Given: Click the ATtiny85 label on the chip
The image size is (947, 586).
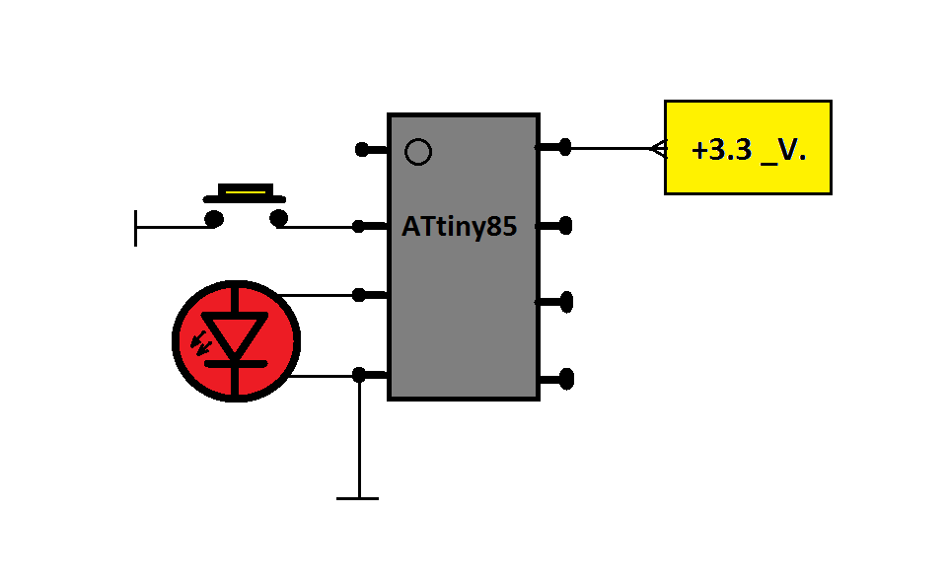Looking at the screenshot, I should click(x=459, y=227).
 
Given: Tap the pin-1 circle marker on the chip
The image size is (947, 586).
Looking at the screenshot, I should click(x=418, y=152).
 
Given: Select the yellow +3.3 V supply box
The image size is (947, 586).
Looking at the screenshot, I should click(x=748, y=147).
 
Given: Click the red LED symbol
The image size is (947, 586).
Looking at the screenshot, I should click(x=236, y=341).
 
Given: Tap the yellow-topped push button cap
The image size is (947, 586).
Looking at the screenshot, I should click(x=246, y=189).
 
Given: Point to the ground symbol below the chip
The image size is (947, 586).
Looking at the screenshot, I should click(x=357, y=498).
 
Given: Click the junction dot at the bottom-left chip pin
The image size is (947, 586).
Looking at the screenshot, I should click(x=359, y=374).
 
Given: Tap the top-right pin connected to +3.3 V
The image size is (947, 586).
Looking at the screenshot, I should click(x=563, y=148).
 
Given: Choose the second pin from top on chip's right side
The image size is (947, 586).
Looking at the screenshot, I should click(x=564, y=226).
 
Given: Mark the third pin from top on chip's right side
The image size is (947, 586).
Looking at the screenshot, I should click(x=565, y=301).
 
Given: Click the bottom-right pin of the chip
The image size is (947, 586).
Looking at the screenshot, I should click(x=565, y=378).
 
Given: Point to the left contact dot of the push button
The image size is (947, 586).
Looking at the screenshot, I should click(x=214, y=218).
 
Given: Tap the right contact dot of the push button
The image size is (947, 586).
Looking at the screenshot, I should click(x=278, y=218).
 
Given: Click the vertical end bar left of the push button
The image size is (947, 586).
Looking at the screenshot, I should click(x=136, y=227).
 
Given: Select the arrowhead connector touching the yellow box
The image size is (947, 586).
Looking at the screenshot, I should click(x=658, y=149).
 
